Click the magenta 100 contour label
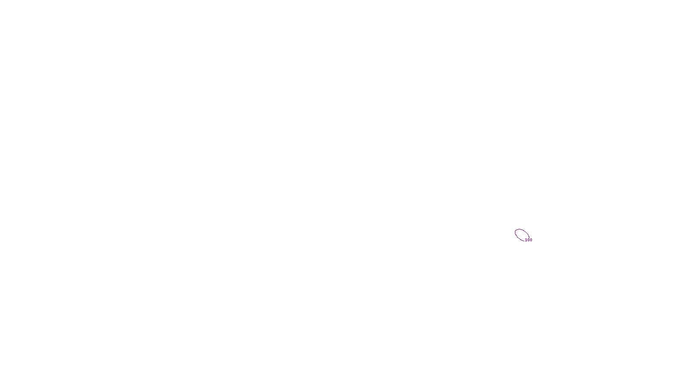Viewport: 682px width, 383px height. pos(529,240)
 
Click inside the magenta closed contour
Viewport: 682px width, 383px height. pos(521,234)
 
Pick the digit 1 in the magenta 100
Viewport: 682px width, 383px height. pos(526,240)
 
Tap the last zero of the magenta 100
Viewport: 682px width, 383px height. pos(531,240)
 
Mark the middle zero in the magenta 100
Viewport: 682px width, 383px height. pos(529,240)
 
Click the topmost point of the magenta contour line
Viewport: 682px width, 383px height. pos(519,229)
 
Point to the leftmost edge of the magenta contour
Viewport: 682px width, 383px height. pos(515,232)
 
